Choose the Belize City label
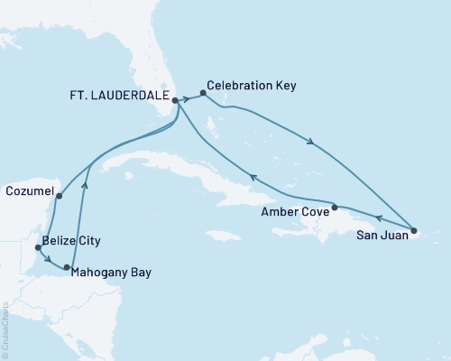pyautogui.click(x=70, y=241)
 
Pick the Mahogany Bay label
pyautogui.click(x=113, y=271)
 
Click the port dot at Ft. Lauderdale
pyautogui.click(x=175, y=102)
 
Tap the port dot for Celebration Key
pyautogui.click(x=203, y=92)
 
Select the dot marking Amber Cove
pyautogui.click(x=335, y=208)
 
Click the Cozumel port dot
pyautogui.click(x=59, y=196)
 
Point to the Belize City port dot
pyautogui.click(x=37, y=246)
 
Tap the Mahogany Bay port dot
pyautogui.click(x=68, y=267)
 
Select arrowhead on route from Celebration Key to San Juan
pyautogui.click(x=312, y=142)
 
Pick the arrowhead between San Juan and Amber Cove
pyautogui.click(x=378, y=218)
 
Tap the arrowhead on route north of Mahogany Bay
pyautogui.click(x=84, y=185)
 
